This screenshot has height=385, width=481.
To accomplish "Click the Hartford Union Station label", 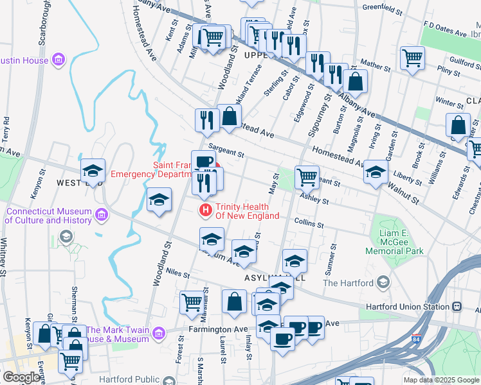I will pyautogui.click(x=408, y=306).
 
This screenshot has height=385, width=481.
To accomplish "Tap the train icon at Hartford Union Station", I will pyautogui.click(x=457, y=307).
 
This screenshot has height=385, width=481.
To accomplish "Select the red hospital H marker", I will pyautogui.click(x=205, y=210).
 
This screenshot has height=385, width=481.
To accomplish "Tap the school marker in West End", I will pyautogui.click(x=93, y=171).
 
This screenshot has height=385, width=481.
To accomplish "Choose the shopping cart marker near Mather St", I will pyautogui.click(x=412, y=58).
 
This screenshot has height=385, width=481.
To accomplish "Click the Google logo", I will pyautogui.click(x=21, y=377).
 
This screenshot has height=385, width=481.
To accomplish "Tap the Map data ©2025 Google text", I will pyautogui.click(x=441, y=380).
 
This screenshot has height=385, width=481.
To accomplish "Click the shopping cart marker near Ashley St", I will pyautogui.click(x=307, y=177).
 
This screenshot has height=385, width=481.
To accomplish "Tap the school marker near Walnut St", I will pyautogui.click(x=376, y=172).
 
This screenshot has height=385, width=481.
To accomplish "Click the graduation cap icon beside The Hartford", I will pyautogui.click(x=383, y=282).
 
